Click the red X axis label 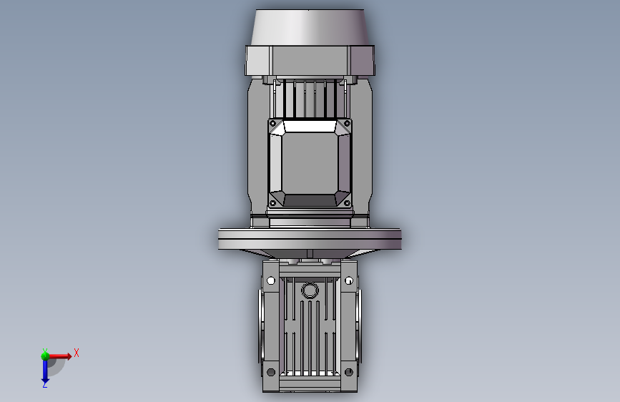click(76, 353)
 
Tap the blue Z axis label click(44, 385)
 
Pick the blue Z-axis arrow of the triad click(44, 370)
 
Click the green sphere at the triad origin click(45, 355)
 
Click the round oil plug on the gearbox click(310, 290)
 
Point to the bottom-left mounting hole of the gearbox click(271, 372)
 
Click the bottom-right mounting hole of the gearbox click(348, 372)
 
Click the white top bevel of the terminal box click(310, 127)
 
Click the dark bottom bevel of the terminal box click(310, 198)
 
